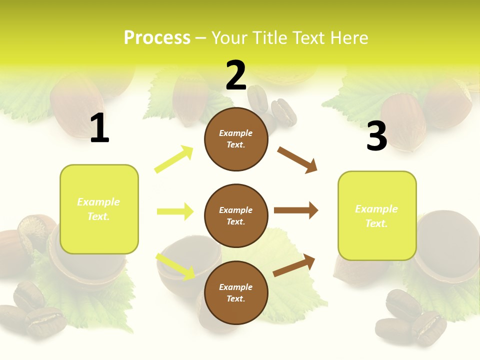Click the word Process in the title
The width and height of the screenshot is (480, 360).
pyautogui.click(x=157, y=38)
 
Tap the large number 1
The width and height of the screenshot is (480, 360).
pyautogui.click(x=99, y=128)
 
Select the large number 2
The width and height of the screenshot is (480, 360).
pyautogui.click(x=236, y=75)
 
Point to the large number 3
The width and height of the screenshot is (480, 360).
pyautogui.click(x=376, y=136)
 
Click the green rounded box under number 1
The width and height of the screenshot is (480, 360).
pyautogui.click(x=99, y=209)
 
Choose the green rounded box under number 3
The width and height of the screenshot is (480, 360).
pyautogui.click(x=376, y=216)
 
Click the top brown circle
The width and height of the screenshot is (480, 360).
pyautogui.click(x=236, y=139)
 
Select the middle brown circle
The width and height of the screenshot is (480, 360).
pyautogui.click(x=236, y=215)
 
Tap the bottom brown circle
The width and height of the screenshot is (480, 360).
pyautogui.click(x=236, y=292)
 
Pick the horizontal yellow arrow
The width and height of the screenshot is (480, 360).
pyautogui.click(x=175, y=211)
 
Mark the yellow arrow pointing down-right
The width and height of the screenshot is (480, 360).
pyautogui.click(x=175, y=266)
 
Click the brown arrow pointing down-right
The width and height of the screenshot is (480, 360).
pyautogui.click(x=297, y=160)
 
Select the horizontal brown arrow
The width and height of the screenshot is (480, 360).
pyautogui.click(x=296, y=210)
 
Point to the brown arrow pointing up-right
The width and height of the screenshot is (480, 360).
pyautogui.click(x=294, y=265)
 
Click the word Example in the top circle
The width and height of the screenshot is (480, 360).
pyautogui.click(x=236, y=133)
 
